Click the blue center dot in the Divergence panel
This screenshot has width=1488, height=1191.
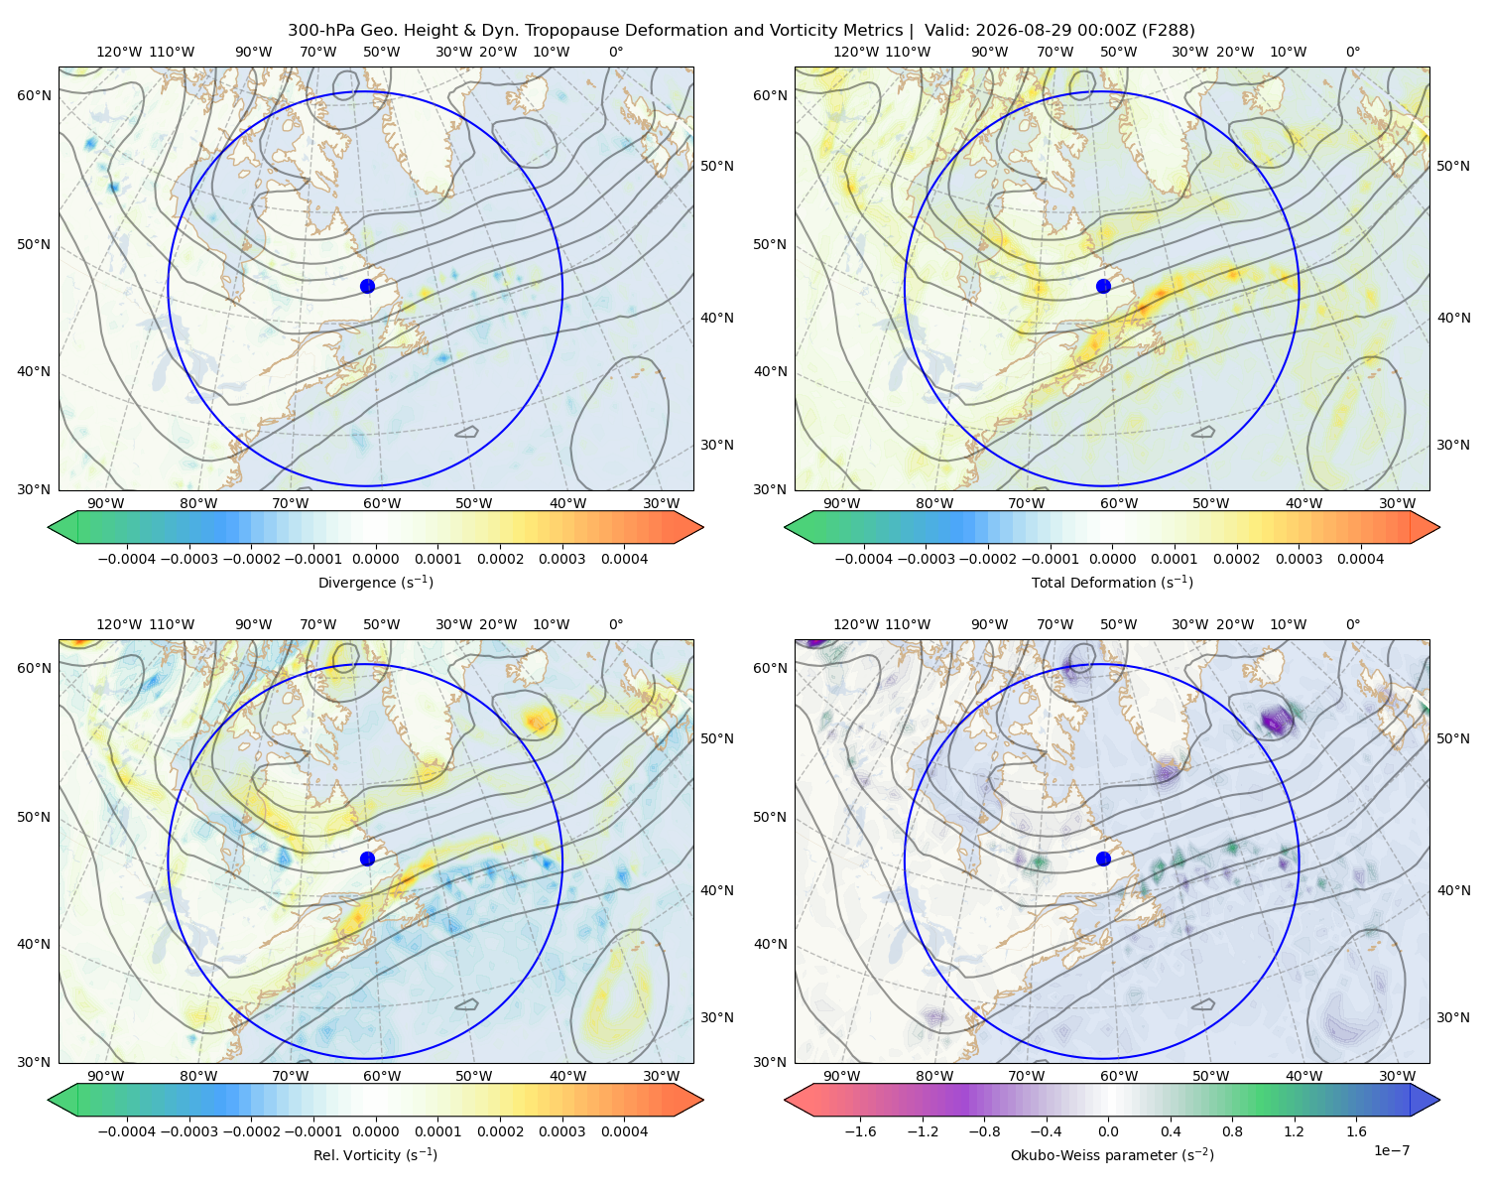click(367, 286)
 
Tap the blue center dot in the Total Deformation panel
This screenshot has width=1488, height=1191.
click(1103, 286)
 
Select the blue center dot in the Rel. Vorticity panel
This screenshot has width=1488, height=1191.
click(367, 859)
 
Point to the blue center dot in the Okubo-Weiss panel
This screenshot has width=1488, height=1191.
click(1103, 859)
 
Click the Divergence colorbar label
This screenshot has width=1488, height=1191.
click(375, 582)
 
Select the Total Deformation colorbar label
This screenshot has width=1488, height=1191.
click(1112, 582)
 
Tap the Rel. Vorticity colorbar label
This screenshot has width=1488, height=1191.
click(375, 1154)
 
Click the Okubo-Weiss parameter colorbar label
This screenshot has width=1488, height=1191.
click(1112, 1154)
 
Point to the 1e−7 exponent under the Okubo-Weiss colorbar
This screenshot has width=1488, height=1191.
click(1391, 1150)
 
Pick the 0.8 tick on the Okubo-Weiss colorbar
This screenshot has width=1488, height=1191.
click(1232, 1130)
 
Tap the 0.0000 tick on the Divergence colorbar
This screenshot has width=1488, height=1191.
click(375, 559)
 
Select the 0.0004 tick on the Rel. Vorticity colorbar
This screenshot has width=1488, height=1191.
click(624, 1130)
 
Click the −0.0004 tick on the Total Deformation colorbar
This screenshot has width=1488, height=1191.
click(864, 559)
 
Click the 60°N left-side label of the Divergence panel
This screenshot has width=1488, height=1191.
click(34, 95)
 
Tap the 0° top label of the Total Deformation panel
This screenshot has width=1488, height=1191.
click(1352, 52)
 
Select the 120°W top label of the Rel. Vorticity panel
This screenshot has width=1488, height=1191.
click(119, 623)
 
